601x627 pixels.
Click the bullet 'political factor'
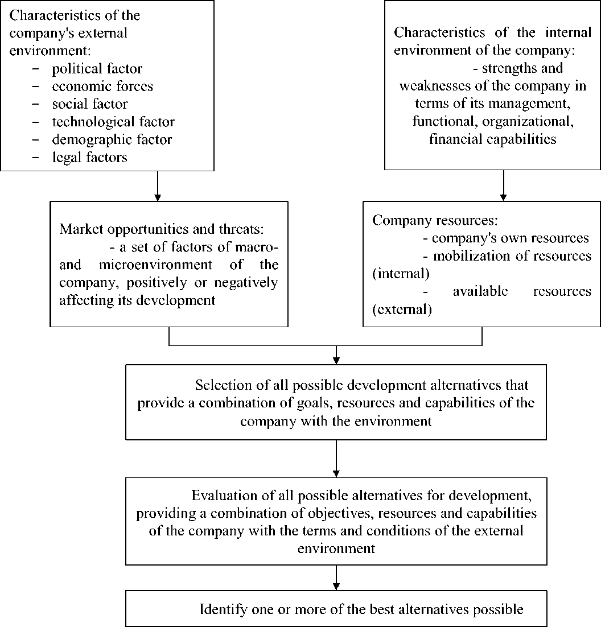click(x=97, y=69)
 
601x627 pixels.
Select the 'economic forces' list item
click(x=102, y=86)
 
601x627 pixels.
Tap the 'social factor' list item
click(x=90, y=104)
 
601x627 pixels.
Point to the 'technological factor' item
click(x=113, y=122)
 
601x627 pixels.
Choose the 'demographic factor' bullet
click(x=112, y=139)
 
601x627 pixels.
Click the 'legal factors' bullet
click(x=89, y=157)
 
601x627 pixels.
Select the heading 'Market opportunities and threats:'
click(x=162, y=229)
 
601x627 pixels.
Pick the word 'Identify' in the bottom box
click(x=223, y=609)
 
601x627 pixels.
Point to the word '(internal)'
click(x=401, y=273)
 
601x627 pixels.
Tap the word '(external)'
click(x=402, y=310)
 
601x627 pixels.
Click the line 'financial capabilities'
click(x=493, y=139)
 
